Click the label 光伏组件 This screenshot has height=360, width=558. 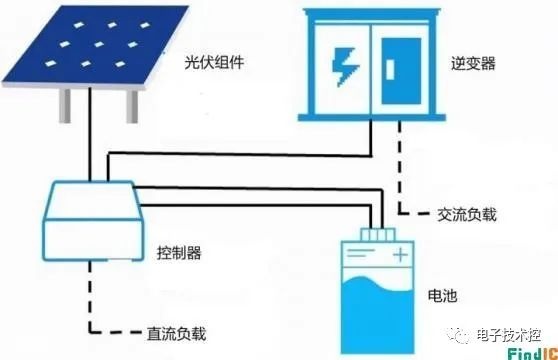[x=214, y=62]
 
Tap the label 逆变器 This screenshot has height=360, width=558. [x=473, y=63]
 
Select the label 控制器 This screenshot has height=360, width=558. [x=179, y=253]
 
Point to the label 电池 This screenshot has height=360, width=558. [x=442, y=295]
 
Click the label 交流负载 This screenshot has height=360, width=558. [x=467, y=214]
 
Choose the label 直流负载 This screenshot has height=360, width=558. [x=177, y=333]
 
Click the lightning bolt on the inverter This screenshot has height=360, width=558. [x=344, y=67]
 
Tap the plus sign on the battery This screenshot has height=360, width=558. [x=400, y=255]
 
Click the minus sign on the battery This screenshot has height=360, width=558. [x=360, y=253]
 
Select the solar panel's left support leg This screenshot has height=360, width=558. [x=65, y=106]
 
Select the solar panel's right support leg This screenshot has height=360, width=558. [x=132, y=106]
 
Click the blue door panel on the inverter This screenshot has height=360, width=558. [x=401, y=71]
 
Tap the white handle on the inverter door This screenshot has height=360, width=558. [x=390, y=69]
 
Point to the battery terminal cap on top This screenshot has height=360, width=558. [x=378, y=235]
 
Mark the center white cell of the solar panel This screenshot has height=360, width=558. [x=99, y=44]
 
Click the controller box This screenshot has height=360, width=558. [x=93, y=221]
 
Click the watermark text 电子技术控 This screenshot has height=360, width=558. [x=509, y=335]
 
